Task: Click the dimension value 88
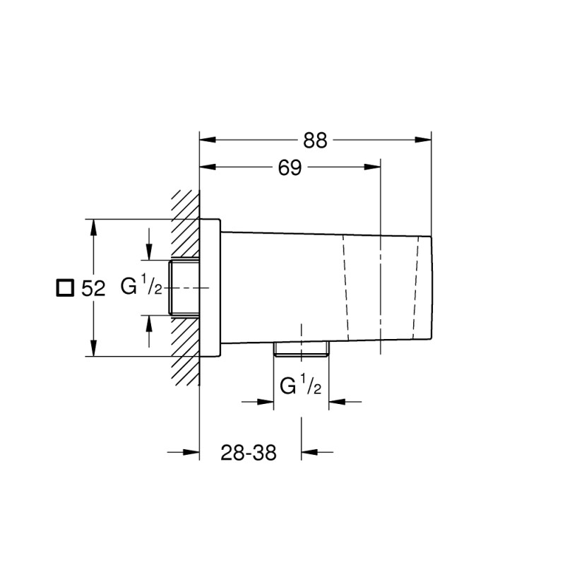pyautogui.click(x=316, y=140)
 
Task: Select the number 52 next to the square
pyautogui.click(x=93, y=288)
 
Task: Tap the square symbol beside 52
pyautogui.click(x=65, y=287)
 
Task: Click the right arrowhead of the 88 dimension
pyautogui.click(x=424, y=140)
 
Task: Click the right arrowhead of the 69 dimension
pyautogui.click(x=373, y=167)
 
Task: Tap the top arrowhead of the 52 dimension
pyautogui.click(x=94, y=227)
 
